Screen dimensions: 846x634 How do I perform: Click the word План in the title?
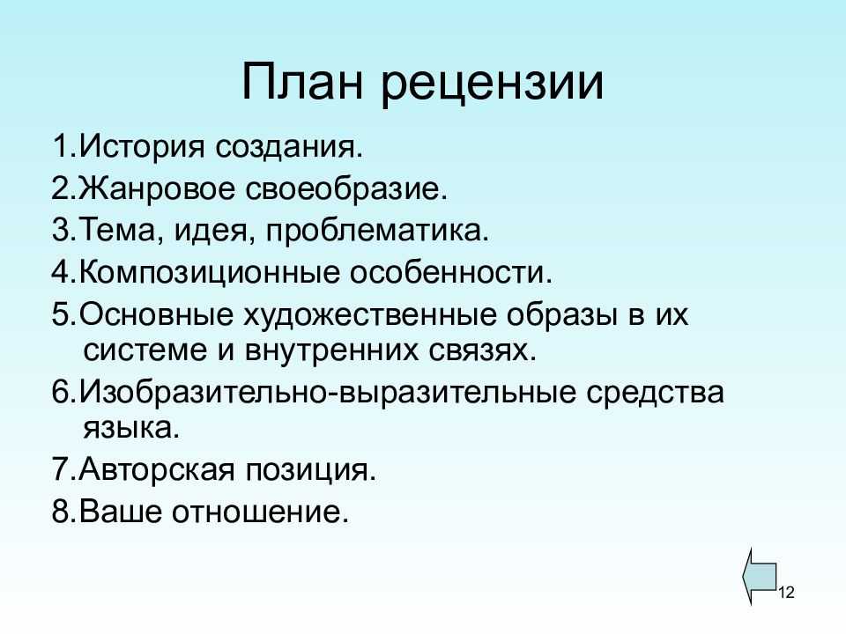301,82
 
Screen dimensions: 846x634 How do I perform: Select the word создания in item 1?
289,147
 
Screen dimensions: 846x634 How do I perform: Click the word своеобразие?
346,188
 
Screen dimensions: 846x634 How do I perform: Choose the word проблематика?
376,231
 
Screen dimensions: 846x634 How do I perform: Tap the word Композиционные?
210,272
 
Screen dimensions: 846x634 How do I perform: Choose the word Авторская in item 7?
157,469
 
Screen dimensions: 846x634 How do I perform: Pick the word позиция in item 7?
311,470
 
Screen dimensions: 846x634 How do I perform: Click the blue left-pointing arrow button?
760,577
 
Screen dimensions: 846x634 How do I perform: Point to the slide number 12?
787,593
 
